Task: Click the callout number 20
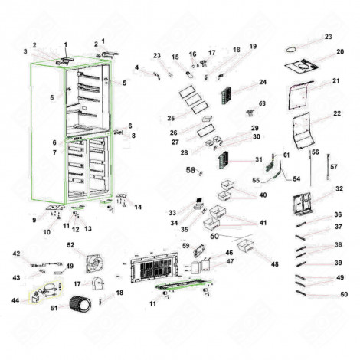[339, 53]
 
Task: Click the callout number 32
[339, 188]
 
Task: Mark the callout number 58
[191, 172]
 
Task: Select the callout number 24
[262, 82]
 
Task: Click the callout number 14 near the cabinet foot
[138, 207]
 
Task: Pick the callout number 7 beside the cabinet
[54, 152]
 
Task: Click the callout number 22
[337, 114]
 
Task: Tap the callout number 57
[333, 165]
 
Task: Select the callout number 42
[16, 254]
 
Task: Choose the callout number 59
[185, 246]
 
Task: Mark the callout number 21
[335, 81]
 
